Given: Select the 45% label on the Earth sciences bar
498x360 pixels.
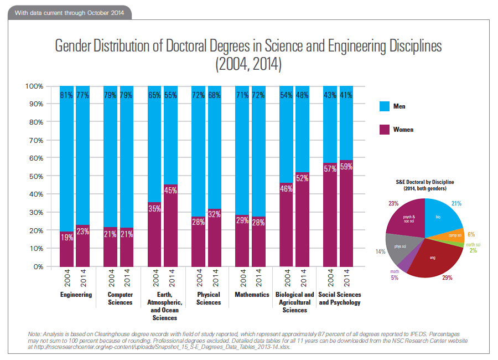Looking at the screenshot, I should pyautogui.click(x=171, y=191).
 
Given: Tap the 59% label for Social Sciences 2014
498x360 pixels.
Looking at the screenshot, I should pyautogui.click(x=346, y=165).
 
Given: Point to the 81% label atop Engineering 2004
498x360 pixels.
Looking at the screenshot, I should pyautogui.click(x=67, y=95).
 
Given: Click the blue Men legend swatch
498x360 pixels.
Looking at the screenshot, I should pyautogui.click(x=383, y=106).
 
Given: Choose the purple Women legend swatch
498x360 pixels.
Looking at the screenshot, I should pyautogui.click(x=383, y=130).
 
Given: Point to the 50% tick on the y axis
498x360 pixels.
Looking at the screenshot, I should pyautogui.click(x=34, y=176).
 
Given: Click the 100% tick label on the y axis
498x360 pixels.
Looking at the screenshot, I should pyautogui.click(x=33, y=86).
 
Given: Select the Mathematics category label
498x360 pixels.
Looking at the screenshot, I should pyautogui.click(x=252, y=295).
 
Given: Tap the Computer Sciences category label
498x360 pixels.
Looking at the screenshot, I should pyautogui.click(x=120, y=299).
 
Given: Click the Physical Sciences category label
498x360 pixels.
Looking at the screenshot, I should pyautogui.click(x=208, y=299).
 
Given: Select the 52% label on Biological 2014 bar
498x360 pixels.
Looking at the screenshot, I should pyautogui.click(x=302, y=178).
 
